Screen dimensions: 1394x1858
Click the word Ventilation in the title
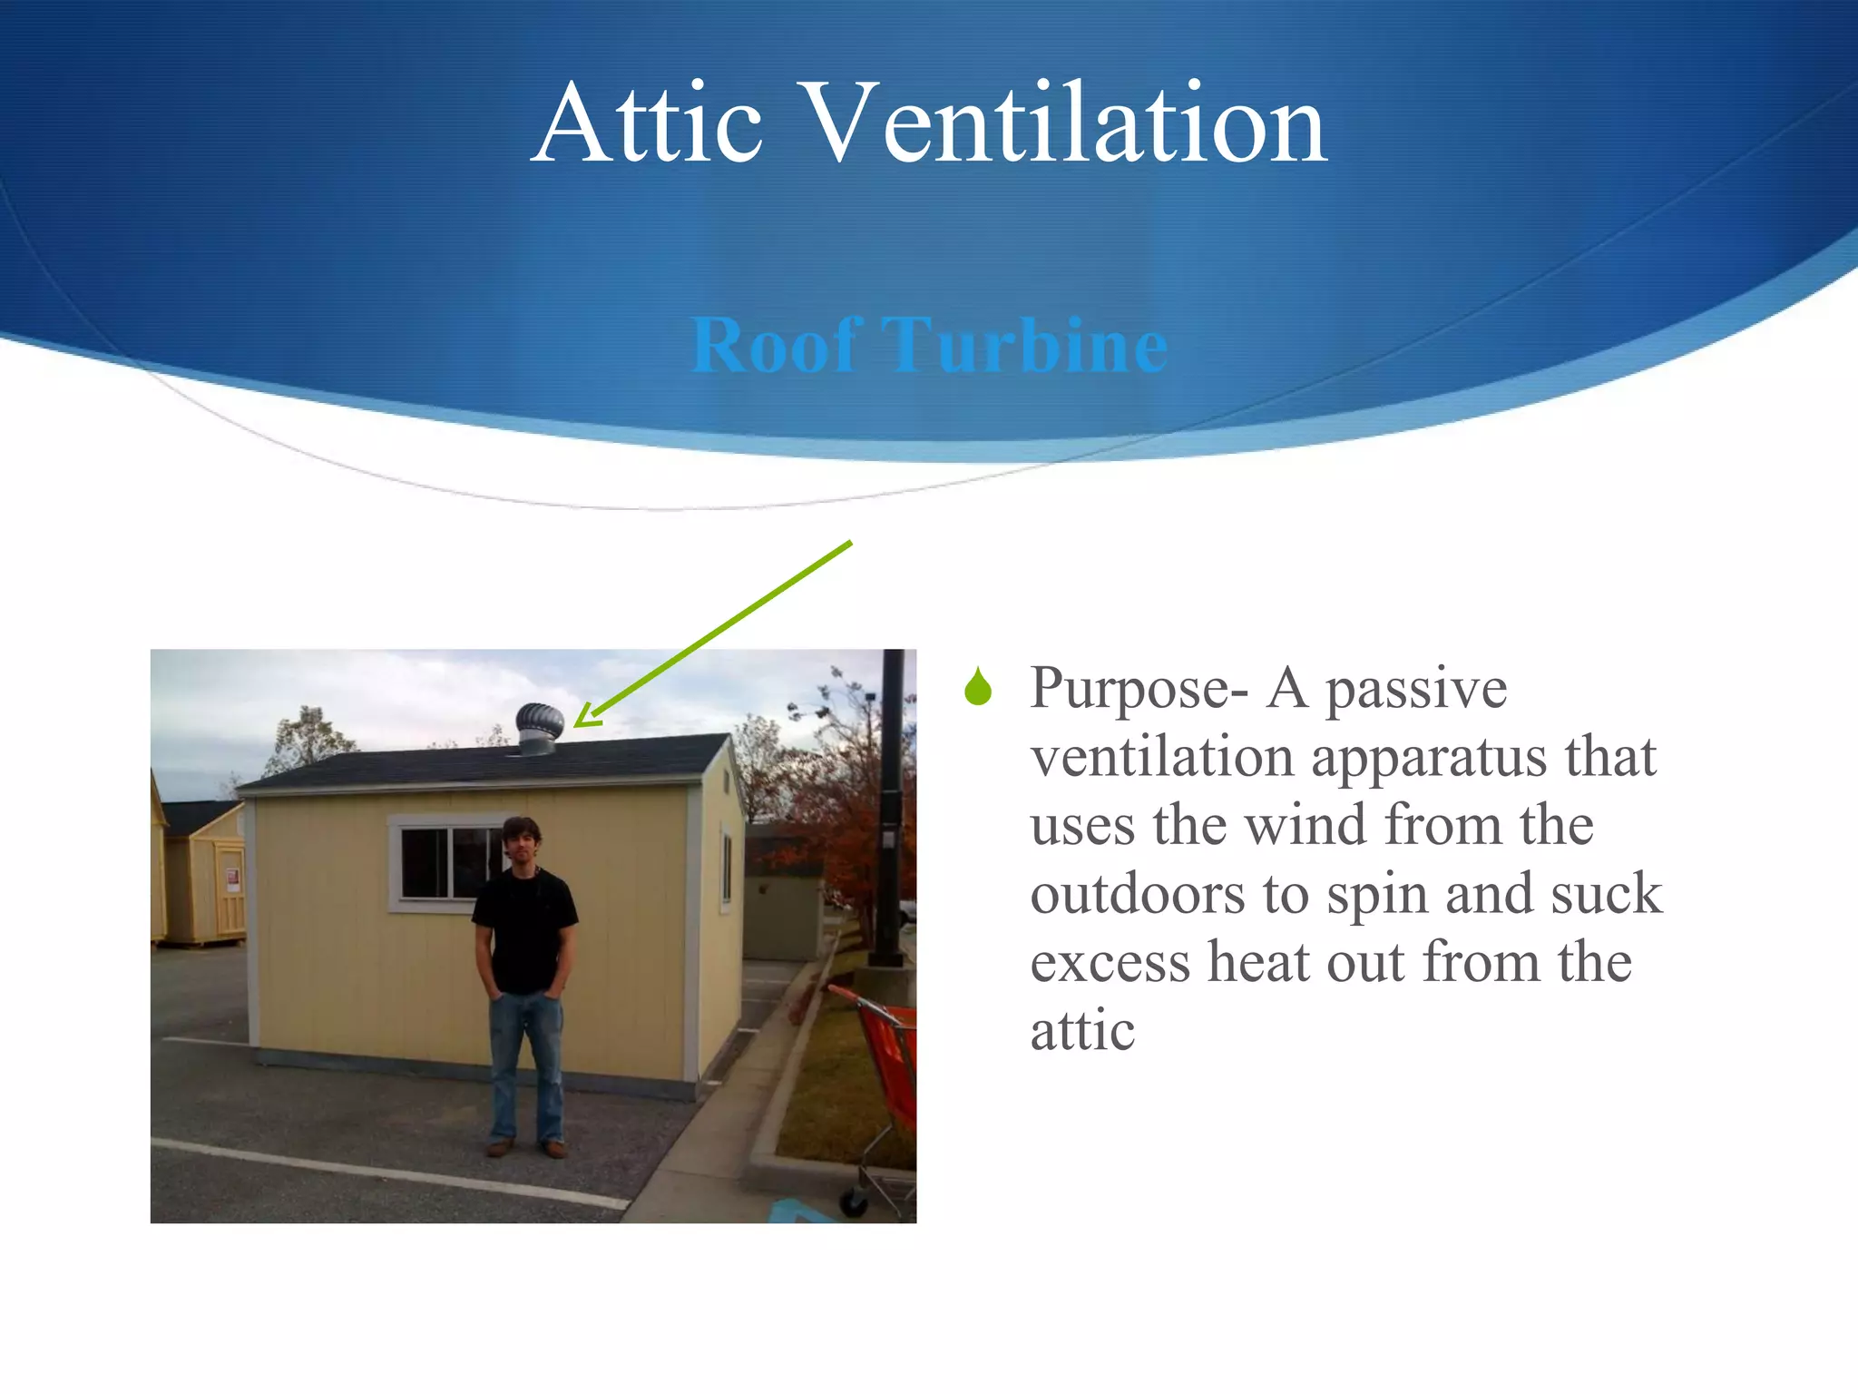click(x=1066, y=125)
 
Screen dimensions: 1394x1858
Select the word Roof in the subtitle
click(x=777, y=345)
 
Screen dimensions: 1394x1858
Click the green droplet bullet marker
click(x=978, y=687)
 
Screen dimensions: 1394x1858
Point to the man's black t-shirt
click(x=524, y=930)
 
